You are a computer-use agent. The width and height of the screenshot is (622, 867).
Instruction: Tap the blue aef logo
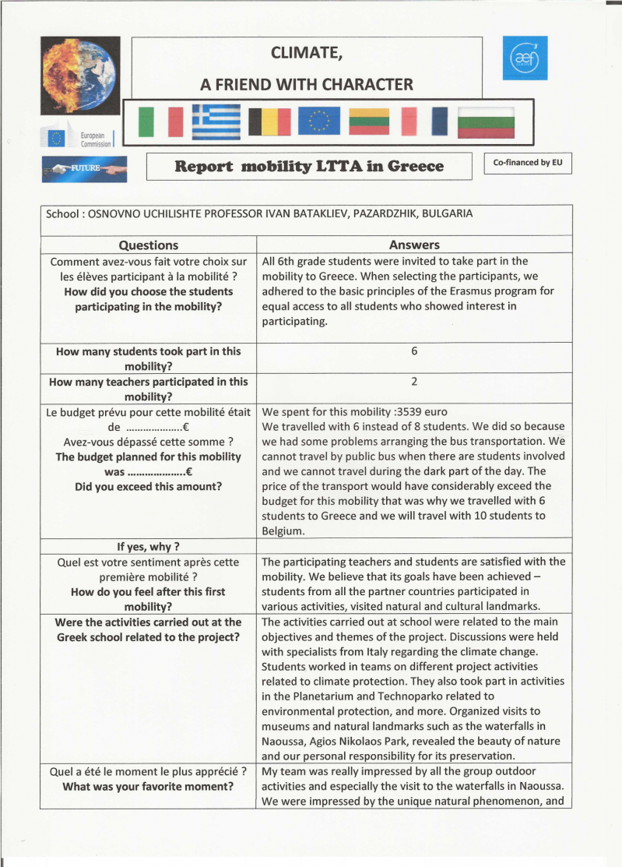[526, 57]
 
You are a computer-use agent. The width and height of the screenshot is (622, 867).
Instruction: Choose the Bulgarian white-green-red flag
[487, 122]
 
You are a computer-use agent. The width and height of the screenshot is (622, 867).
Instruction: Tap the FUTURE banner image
[84, 167]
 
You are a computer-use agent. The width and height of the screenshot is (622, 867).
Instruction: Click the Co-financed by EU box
[527, 163]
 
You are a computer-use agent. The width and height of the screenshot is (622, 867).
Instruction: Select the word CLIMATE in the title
[306, 53]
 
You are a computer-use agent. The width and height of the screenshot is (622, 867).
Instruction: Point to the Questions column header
[148, 245]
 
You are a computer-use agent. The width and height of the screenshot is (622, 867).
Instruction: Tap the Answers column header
[414, 245]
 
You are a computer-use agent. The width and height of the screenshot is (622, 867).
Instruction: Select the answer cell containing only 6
[414, 351]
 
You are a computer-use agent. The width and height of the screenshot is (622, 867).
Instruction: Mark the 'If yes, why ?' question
[148, 546]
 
